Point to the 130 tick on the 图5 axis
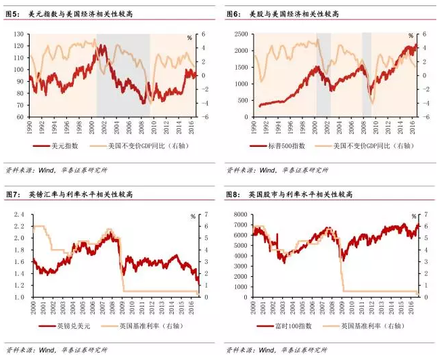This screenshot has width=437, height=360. coord(16,34)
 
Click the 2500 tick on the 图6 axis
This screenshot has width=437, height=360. coord(239,34)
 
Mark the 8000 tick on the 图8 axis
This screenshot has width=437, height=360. coord(239,215)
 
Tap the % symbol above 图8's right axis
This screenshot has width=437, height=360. coord(411,217)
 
